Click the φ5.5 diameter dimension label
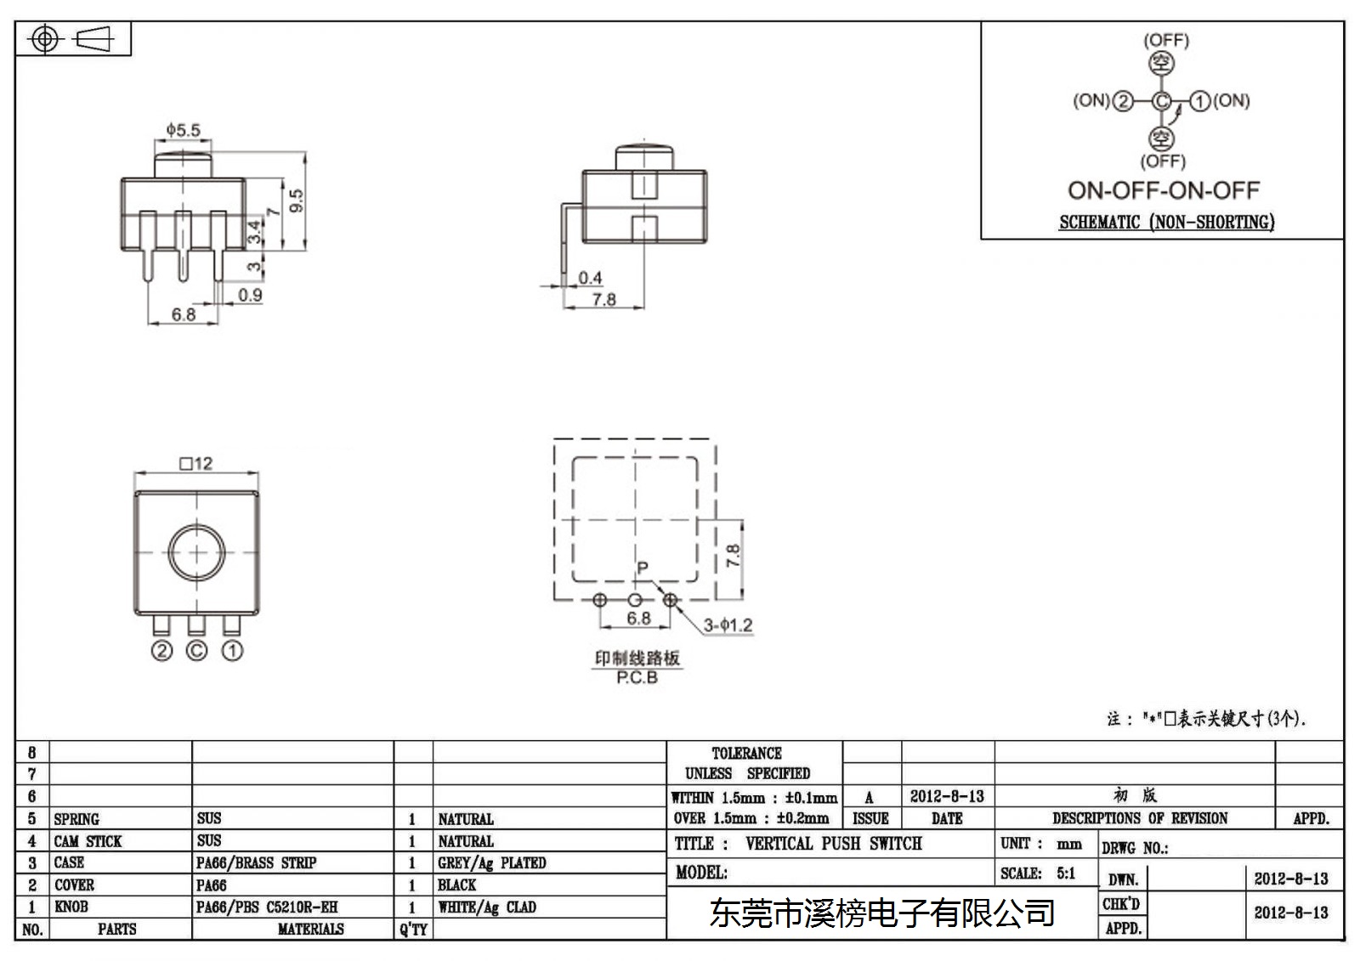click(x=184, y=129)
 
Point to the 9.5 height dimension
click(x=297, y=201)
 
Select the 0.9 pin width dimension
click(x=250, y=295)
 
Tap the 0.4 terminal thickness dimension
click(x=590, y=278)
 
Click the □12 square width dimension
click(x=196, y=464)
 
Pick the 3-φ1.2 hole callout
click(x=728, y=625)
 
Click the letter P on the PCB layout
click(x=643, y=568)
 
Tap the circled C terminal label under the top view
click(x=196, y=651)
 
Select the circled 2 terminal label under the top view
click(x=161, y=651)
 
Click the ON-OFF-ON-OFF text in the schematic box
click(x=1164, y=190)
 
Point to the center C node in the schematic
click(x=1161, y=101)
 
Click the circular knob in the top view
click(x=196, y=552)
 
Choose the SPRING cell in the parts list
click(x=76, y=819)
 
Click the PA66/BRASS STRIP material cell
click(x=256, y=862)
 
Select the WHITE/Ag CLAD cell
click(x=487, y=907)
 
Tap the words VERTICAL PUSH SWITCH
click(x=834, y=843)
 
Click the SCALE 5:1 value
click(x=1066, y=873)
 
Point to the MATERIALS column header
click(x=310, y=929)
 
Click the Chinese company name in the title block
click(x=881, y=913)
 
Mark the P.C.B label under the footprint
click(x=637, y=677)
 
